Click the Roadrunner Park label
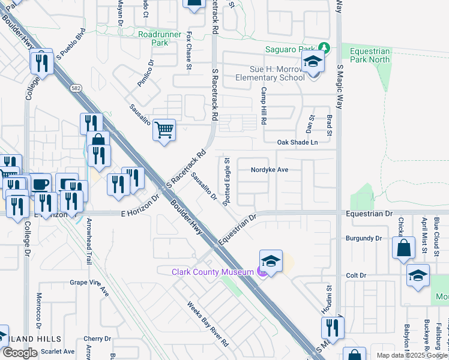(153, 39)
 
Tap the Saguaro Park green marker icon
(324, 48)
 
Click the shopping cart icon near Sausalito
(164, 129)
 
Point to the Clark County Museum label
(213, 272)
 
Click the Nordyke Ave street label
(270, 170)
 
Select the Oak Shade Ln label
(297, 142)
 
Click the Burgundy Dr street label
(364, 238)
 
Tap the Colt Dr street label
(356, 275)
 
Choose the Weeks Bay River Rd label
(208, 324)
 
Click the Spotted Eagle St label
(227, 182)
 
